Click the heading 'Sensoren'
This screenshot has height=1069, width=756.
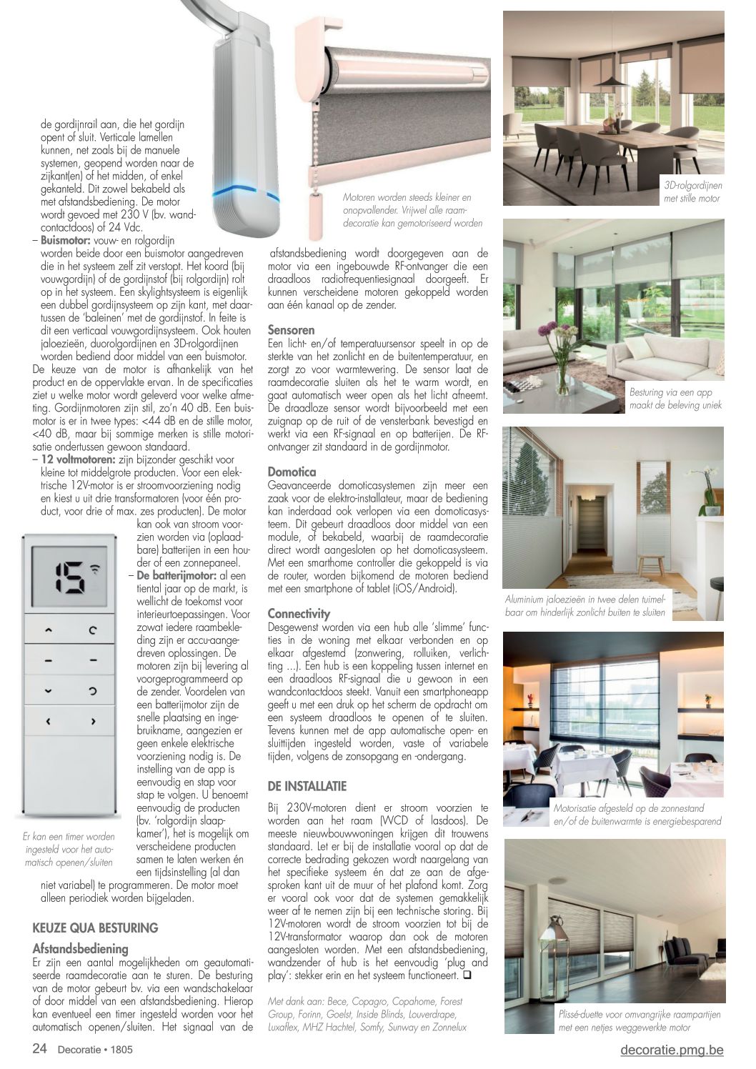[291, 330]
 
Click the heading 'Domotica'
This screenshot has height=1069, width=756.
[292, 472]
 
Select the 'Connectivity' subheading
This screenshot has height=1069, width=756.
[299, 613]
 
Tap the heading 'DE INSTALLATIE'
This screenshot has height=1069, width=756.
[307, 786]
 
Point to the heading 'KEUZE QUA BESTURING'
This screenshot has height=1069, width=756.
[95, 928]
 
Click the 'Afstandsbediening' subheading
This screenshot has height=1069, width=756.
[80, 949]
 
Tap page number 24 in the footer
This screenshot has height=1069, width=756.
[40, 1049]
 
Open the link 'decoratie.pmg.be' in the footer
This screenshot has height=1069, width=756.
[672, 1049]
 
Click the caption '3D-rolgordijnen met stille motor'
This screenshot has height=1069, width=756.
[692, 192]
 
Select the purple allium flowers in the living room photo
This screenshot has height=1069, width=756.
[550, 331]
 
